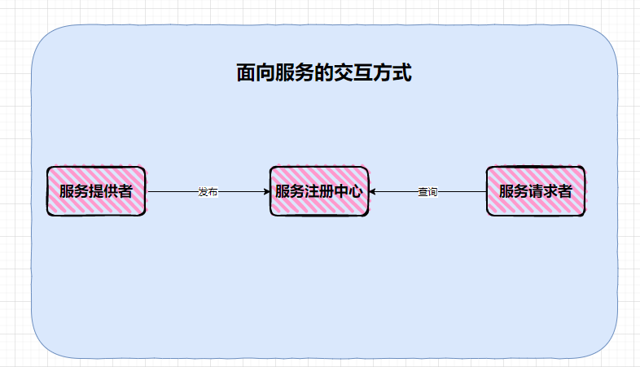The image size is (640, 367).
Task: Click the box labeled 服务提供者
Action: pyautogui.click(x=96, y=191)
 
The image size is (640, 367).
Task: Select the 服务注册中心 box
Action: pyautogui.click(x=319, y=191)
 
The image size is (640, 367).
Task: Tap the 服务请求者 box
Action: pyautogui.click(x=535, y=191)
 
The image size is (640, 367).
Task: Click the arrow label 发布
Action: pyautogui.click(x=208, y=192)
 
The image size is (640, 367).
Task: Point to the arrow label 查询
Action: pyautogui.click(x=427, y=192)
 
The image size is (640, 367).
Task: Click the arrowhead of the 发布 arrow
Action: pyautogui.click(x=266, y=192)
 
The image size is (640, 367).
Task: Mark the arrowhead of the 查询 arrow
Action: pyautogui.click(x=373, y=192)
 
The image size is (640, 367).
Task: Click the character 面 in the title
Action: pyautogui.click(x=247, y=74)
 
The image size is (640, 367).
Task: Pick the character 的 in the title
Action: pyautogui.click(x=325, y=74)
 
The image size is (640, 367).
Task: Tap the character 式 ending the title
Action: pyautogui.click(x=402, y=74)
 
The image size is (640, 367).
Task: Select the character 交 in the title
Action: pyautogui.click(x=344, y=74)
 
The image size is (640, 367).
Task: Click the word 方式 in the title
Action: pyautogui.click(x=392, y=74)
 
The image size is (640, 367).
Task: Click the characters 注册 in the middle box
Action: pyautogui.click(x=320, y=192)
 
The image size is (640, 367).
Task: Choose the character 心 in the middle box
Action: pyautogui.click(x=355, y=192)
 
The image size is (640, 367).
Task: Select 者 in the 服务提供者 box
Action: pyautogui.click(x=125, y=192)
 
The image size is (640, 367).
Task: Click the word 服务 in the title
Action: pyautogui.click(x=296, y=74)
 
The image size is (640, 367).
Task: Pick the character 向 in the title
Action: pyautogui.click(x=266, y=74)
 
